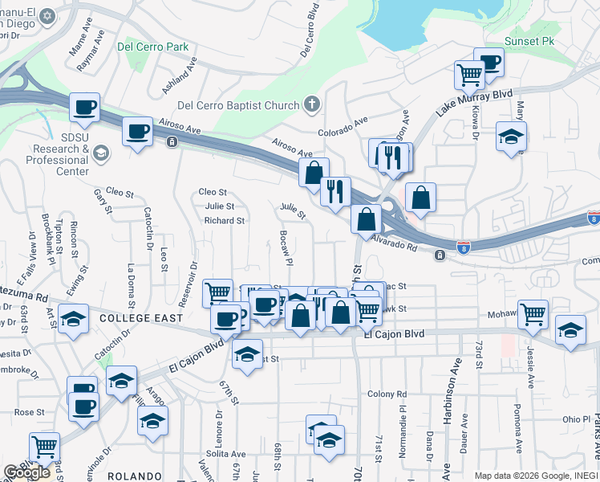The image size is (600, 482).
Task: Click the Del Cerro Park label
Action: [x=152, y=47]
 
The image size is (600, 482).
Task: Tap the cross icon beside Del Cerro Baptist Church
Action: [x=312, y=104]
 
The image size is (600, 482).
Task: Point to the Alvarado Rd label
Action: [x=395, y=243]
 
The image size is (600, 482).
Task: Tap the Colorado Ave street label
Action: [x=342, y=126]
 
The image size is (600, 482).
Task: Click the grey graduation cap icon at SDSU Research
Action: [x=100, y=152]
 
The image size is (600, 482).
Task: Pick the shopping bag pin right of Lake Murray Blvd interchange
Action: [x=420, y=197]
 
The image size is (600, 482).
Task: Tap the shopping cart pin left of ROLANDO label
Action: [x=44, y=446]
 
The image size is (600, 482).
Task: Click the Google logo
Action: [x=26, y=472]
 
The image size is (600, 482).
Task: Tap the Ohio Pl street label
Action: [x=575, y=419]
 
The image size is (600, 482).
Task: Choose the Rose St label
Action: [x=29, y=412]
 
